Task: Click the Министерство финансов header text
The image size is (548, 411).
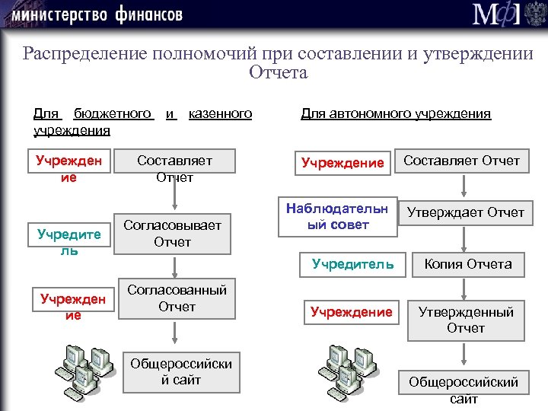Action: point(96,14)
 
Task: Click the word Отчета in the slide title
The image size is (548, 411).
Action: point(278,73)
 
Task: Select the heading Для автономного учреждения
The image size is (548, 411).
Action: point(396,114)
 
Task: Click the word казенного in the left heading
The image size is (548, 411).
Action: point(219,114)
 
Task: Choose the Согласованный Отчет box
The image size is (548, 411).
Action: point(177,298)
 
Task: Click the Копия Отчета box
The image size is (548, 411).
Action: point(467,265)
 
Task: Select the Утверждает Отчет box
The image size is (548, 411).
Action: point(465,212)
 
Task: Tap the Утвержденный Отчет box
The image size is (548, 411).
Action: point(465,320)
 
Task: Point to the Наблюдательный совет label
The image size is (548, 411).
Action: point(337,216)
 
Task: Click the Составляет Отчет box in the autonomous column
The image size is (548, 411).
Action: point(461,161)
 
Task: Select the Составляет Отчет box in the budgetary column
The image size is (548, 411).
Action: point(174,168)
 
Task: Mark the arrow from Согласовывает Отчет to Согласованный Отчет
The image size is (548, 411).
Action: point(176,266)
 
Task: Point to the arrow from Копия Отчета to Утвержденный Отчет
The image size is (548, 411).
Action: point(464,288)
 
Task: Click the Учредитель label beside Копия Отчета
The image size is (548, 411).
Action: point(352,265)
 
